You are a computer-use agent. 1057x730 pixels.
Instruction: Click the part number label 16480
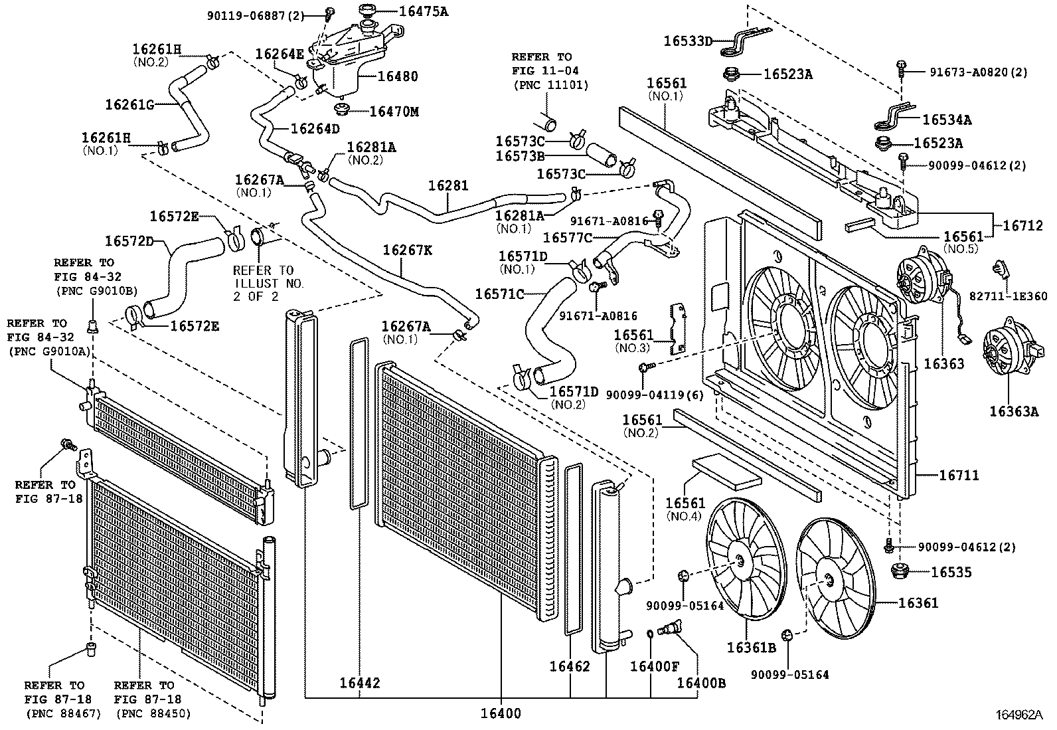click(x=398, y=76)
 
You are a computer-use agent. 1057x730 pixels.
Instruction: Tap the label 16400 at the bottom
click(x=501, y=714)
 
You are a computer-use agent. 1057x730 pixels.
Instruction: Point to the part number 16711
click(x=959, y=475)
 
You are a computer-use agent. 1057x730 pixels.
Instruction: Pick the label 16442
click(x=360, y=683)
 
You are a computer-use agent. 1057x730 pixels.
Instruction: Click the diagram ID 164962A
click(x=1019, y=715)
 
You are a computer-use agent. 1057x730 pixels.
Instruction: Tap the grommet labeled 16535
click(x=900, y=571)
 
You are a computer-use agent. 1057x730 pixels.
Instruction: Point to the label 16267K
click(x=408, y=250)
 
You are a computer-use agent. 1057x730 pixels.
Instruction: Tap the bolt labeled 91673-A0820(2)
click(x=901, y=65)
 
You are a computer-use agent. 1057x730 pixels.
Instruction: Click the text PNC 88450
click(x=153, y=713)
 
